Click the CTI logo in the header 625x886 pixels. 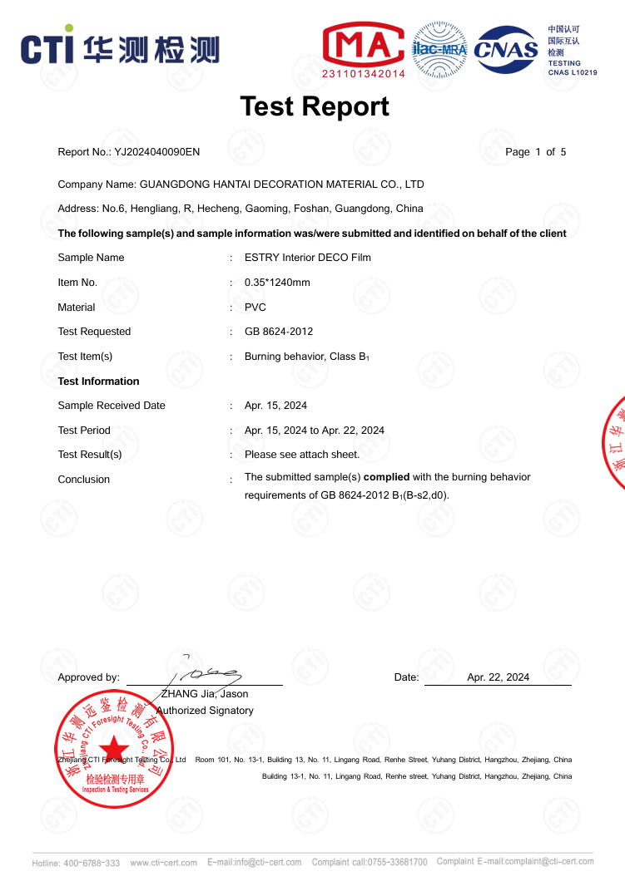(x=120, y=47)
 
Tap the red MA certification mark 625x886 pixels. (x=363, y=45)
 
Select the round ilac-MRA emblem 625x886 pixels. (x=439, y=49)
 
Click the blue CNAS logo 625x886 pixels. (x=506, y=49)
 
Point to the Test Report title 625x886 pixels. (x=314, y=106)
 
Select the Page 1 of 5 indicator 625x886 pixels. (x=535, y=152)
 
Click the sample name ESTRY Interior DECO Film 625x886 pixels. (x=307, y=258)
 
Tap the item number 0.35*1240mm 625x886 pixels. (x=277, y=283)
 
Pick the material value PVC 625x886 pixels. (x=255, y=308)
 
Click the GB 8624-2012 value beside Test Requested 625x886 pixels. (x=278, y=332)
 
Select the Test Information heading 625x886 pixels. (x=98, y=381)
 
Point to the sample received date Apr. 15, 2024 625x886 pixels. (x=275, y=406)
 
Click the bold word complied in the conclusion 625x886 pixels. (x=387, y=477)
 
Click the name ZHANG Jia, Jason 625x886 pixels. (x=204, y=694)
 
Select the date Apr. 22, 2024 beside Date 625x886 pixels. (x=498, y=677)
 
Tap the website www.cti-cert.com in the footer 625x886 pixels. (x=163, y=863)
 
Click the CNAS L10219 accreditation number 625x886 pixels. (x=572, y=73)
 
